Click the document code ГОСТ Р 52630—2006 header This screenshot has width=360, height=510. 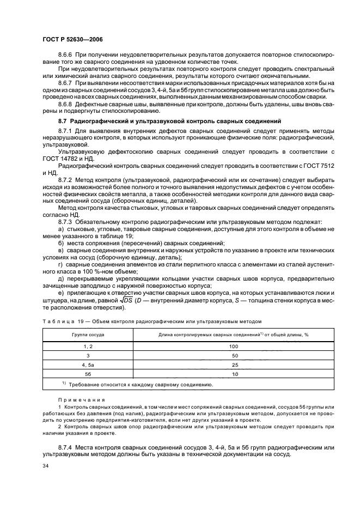click(72, 39)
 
